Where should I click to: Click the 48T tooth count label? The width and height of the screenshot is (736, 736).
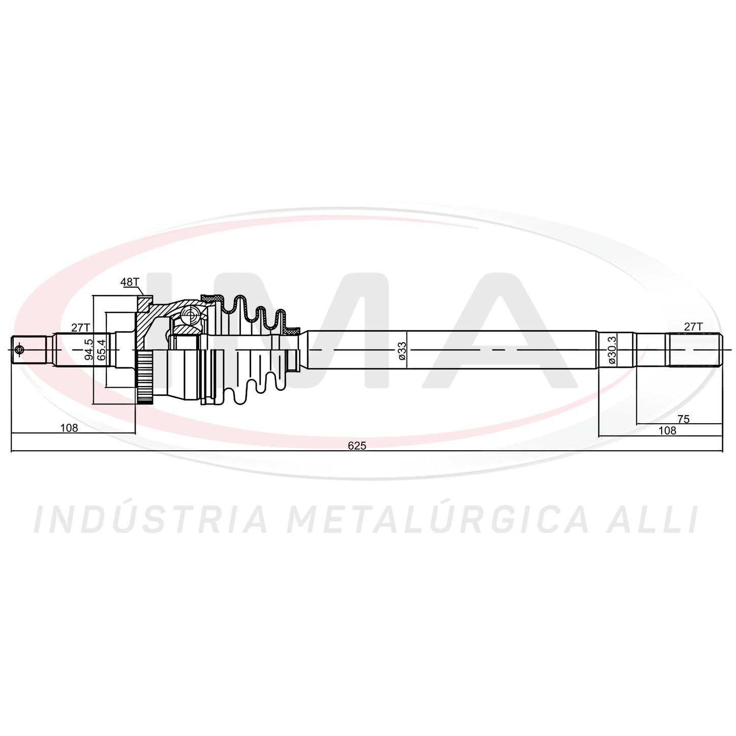(x=130, y=282)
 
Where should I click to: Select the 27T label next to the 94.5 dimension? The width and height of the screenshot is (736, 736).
(x=80, y=328)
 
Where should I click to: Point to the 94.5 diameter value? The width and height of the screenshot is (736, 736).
(x=89, y=349)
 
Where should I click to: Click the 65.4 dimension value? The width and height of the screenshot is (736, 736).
(x=101, y=349)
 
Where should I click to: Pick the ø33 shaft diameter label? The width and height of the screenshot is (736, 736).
(x=402, y=350)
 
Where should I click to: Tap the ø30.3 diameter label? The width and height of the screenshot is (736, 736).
(x=612, y=349)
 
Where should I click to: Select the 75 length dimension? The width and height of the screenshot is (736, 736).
(x=684, y=419)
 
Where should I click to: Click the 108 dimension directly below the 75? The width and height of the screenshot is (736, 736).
(x=667, y=431)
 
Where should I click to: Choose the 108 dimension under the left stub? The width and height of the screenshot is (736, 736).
(x=69, y=428)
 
